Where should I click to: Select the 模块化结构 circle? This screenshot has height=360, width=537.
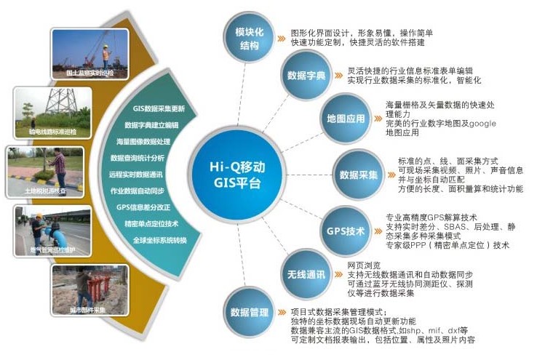pos(249,39)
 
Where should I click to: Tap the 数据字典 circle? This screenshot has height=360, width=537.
pos(305,76)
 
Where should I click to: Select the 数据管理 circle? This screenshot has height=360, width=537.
pos(249,313)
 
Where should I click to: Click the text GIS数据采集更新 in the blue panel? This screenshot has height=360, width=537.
pos(159,109)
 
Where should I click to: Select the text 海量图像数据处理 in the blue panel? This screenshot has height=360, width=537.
pos(143,141)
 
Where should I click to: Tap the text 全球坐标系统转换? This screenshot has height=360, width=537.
pos(161,240)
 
